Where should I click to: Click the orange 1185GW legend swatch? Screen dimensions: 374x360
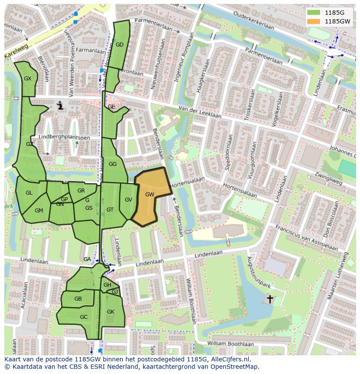tap(313, 21)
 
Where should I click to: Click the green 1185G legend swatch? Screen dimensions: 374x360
tap(313, 12)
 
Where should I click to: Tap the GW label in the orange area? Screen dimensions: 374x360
tap(150, 194)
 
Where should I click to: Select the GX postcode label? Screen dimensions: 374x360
tap(28, 79)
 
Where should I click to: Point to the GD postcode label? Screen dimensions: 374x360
tap(120, 44)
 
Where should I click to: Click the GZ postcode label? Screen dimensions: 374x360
tap(30, 144)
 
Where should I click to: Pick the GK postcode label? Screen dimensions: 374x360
tap(110, 312)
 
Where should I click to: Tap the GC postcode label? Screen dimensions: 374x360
tap(84, 317)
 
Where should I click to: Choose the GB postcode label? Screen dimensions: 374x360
tap(78, 299)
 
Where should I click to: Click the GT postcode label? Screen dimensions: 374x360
tap(110, 210)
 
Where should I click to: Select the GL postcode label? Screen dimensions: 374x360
tap(29, 193)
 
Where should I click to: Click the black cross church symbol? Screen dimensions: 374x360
tap(270, 299)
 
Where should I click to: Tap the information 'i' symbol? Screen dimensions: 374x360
tap(60, 105)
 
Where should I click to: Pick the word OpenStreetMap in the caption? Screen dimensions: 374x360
tap(234, 367)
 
